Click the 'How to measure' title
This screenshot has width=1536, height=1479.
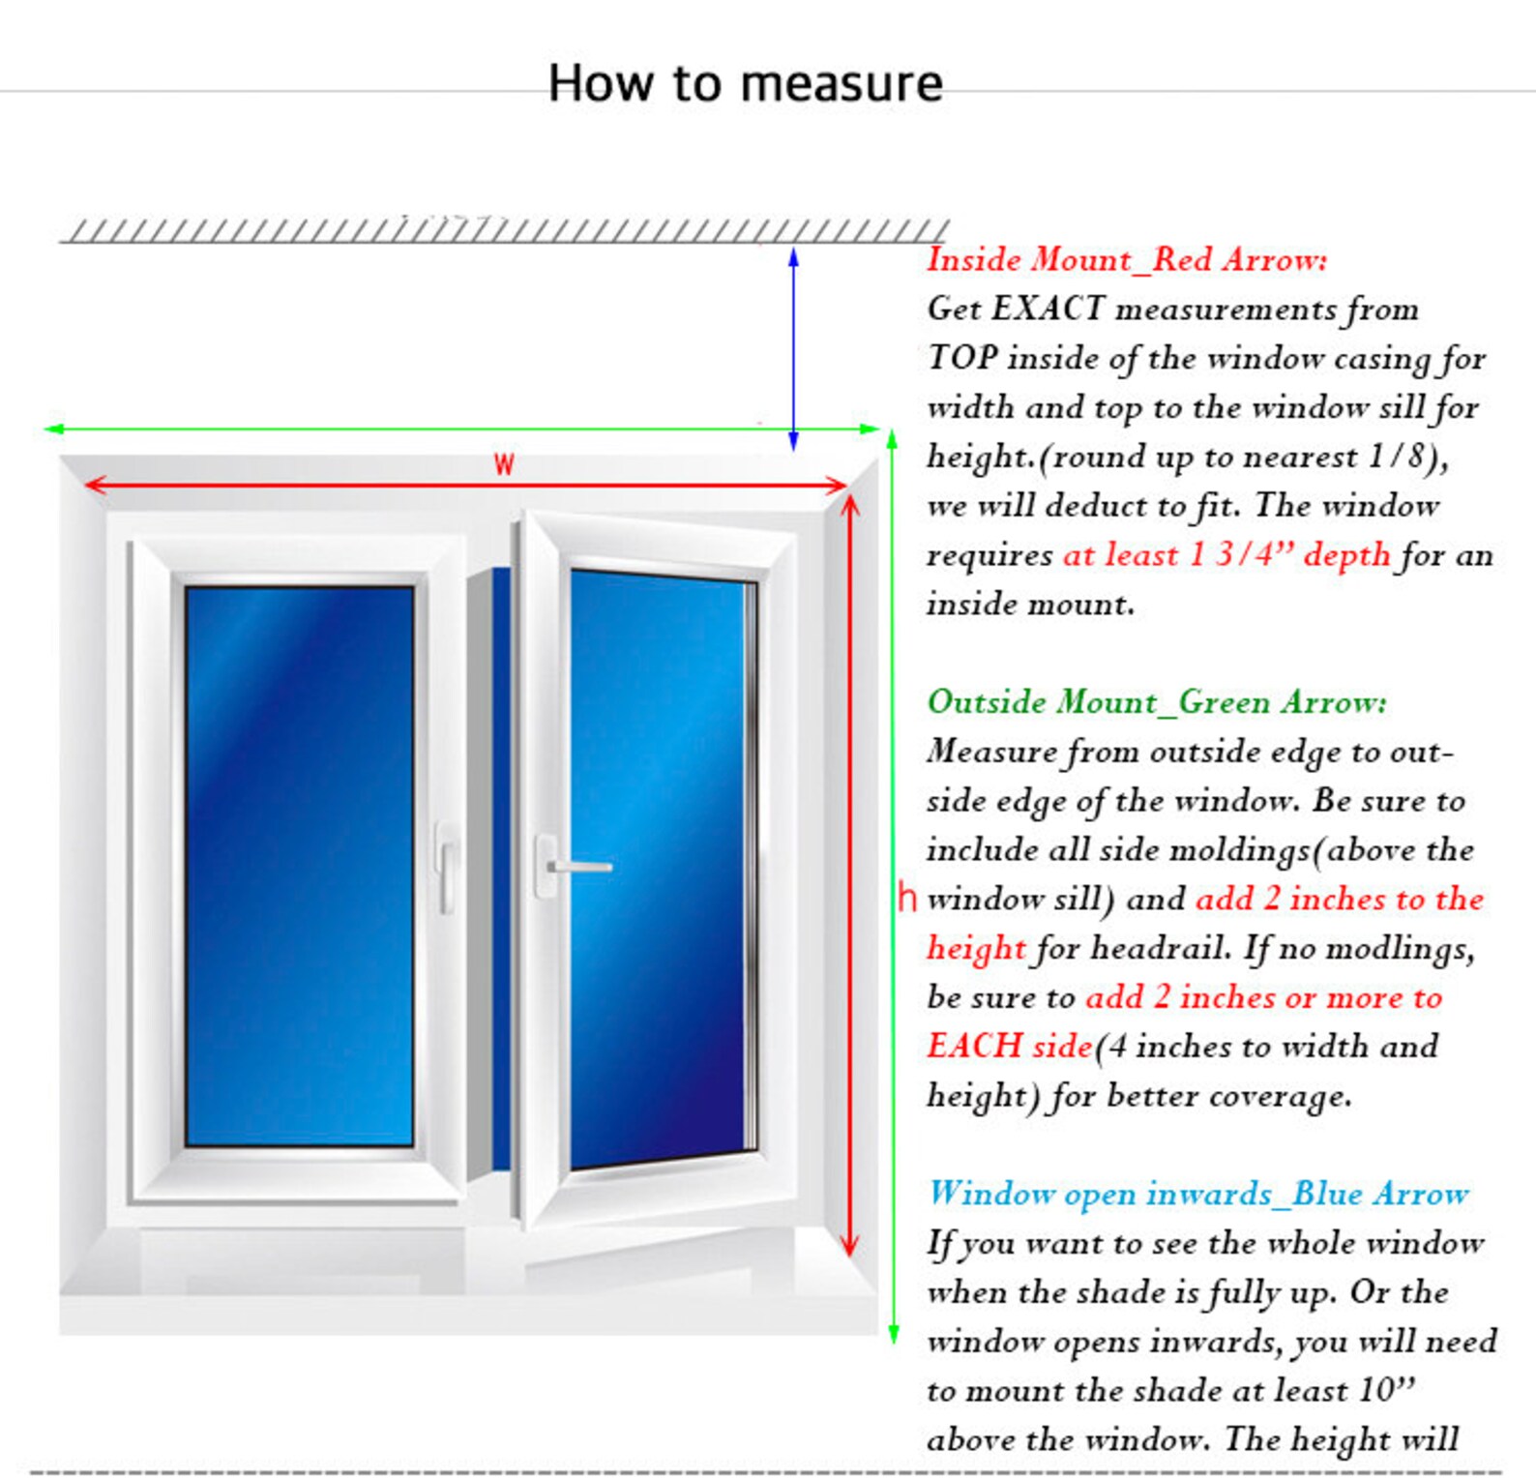pyautogui.click(x=745, y=83)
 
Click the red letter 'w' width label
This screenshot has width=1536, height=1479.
pyautogui.click(x=503, y=464)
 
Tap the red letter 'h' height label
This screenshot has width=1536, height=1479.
pyautogui.click(x=906, y=897)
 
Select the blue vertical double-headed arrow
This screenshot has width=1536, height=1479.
pyautogui.click(x=793, y=349)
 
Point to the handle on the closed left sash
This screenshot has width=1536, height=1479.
pyautogui.click(x=445, y=867)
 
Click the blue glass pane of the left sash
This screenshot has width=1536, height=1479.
pyautogui.click(x=299, y=866)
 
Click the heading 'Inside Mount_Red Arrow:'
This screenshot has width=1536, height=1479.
pyautogui.click(x=1127, y=259)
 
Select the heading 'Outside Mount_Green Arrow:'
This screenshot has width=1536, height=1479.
pyautogui.click(x=1157, y=701)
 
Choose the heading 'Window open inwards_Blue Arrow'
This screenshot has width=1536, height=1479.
pyautogui.click(x=1198, y=1194)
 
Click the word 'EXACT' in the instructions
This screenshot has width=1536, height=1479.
pyautogui.click(x=1048, y=309)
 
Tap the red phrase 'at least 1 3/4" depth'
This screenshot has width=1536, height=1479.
pyautogui.click(x=1226, y=554)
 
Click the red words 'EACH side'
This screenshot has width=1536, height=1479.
pyautogui.click(x=1010, y=1046)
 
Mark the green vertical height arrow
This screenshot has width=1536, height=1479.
pyautogui.click(x=893, y=886)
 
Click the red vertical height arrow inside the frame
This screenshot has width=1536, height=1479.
pyautogui.click(x=850, y=876)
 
